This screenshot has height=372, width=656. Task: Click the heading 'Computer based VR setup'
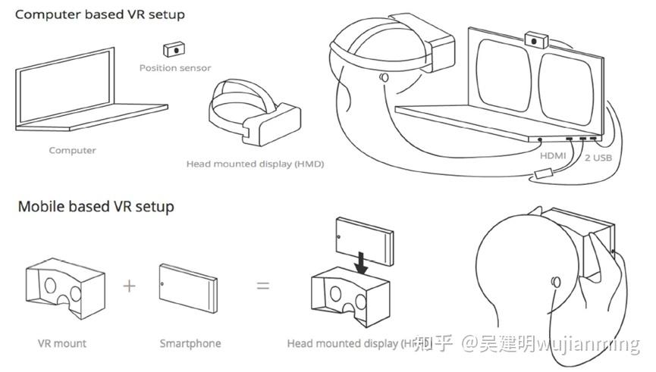pyautogui.click(x=101, y=14)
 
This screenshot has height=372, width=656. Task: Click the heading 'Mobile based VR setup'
pyautogui.click(x=96, y=206)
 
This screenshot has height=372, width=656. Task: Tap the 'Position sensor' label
pyautogui.click(x=175, y=68)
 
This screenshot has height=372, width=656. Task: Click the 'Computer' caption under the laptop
pyautogui.click(x=72, y=150)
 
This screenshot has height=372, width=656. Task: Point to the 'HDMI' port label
pyautogui.click(x=554, y=155)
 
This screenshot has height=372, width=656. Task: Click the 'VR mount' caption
pyautogui.click(x=62, y=343)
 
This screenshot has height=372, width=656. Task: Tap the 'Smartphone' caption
pyautogui.click(x=190, y=343)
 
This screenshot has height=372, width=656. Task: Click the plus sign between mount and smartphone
pyautogui.click(x=130, y=286)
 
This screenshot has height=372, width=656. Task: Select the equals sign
pyautogui.click(x=262, y=286)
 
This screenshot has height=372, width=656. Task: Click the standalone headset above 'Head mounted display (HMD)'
pyautogui.click(x=253, y=116)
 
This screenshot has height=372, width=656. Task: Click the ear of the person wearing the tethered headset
pyautogui.click(x=384, y=77)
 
